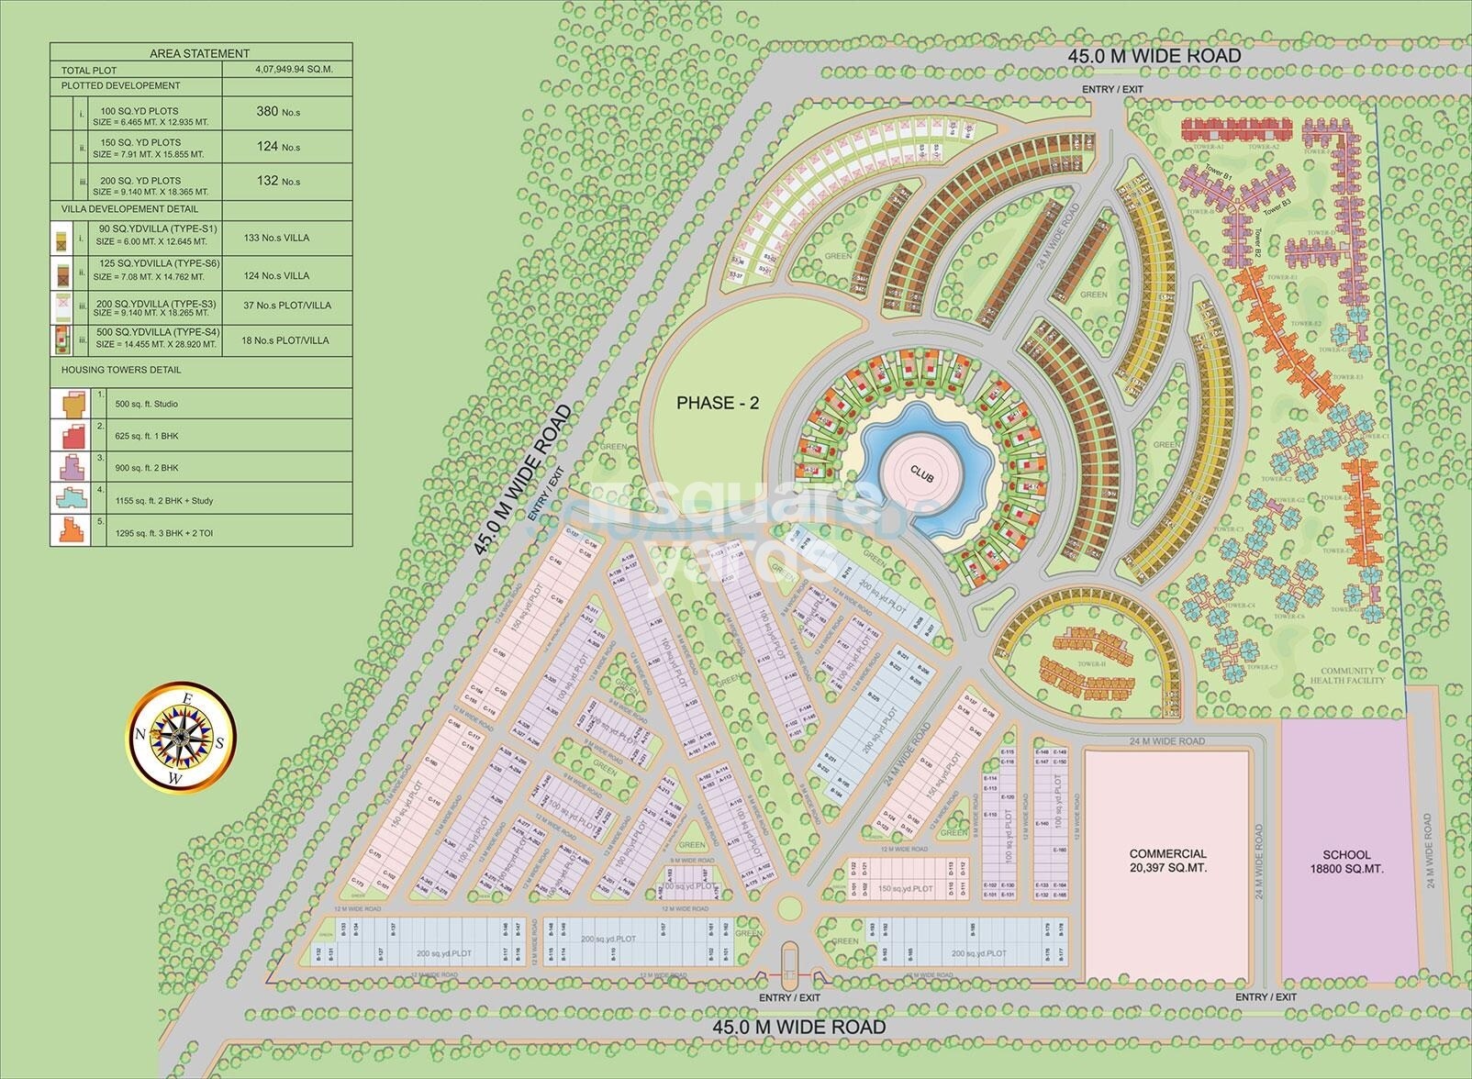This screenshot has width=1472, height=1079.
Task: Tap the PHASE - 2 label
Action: (718, 403)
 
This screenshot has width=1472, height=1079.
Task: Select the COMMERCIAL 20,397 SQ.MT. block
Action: (1167, 861)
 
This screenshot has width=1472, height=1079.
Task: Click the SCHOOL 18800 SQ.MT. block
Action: (1346, 861)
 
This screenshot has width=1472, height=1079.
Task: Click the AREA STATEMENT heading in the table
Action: (199, 53)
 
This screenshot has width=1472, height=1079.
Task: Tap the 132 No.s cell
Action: (279, 181)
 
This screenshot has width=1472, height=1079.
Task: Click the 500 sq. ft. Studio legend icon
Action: (72, 403)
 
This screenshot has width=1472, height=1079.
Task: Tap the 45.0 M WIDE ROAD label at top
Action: (1154, 56)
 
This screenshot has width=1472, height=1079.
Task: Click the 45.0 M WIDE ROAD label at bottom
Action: (798, 1027)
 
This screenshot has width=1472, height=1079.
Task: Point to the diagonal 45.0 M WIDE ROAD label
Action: (523, 480)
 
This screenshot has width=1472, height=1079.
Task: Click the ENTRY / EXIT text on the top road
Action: (1112, 89)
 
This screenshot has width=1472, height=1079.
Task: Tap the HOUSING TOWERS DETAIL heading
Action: (121, 370)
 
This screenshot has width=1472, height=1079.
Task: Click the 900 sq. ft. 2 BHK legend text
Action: (147, 468)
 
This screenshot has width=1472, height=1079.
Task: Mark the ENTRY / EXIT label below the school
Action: (1266, 996)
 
